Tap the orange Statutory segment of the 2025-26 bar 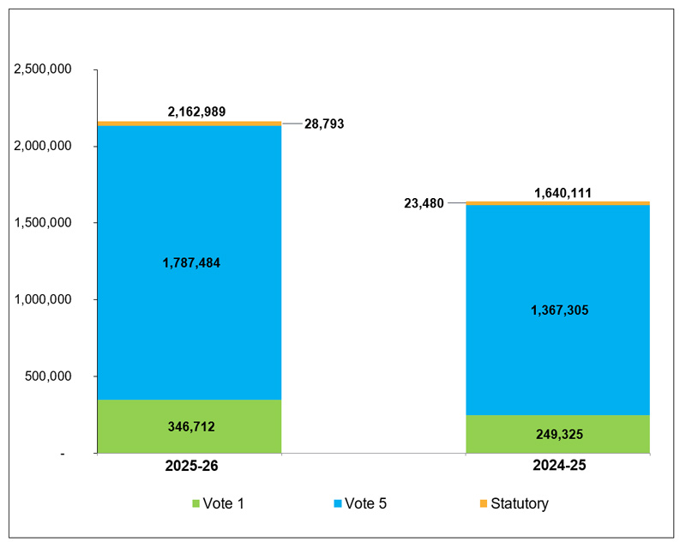tap(189, 123)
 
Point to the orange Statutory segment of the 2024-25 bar tap(557, 203)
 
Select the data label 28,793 tap(324, 124)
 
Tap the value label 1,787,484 tap(190, 263)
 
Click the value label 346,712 tap(190, 426)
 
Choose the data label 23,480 tap(423, 203)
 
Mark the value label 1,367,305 tap(558, 310)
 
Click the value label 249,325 tap(558, 435)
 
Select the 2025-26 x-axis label tap(190, 467)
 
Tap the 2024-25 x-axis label tap(558, 467)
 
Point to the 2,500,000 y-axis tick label tap(43, 69)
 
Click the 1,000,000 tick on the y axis tap(43, 299)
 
